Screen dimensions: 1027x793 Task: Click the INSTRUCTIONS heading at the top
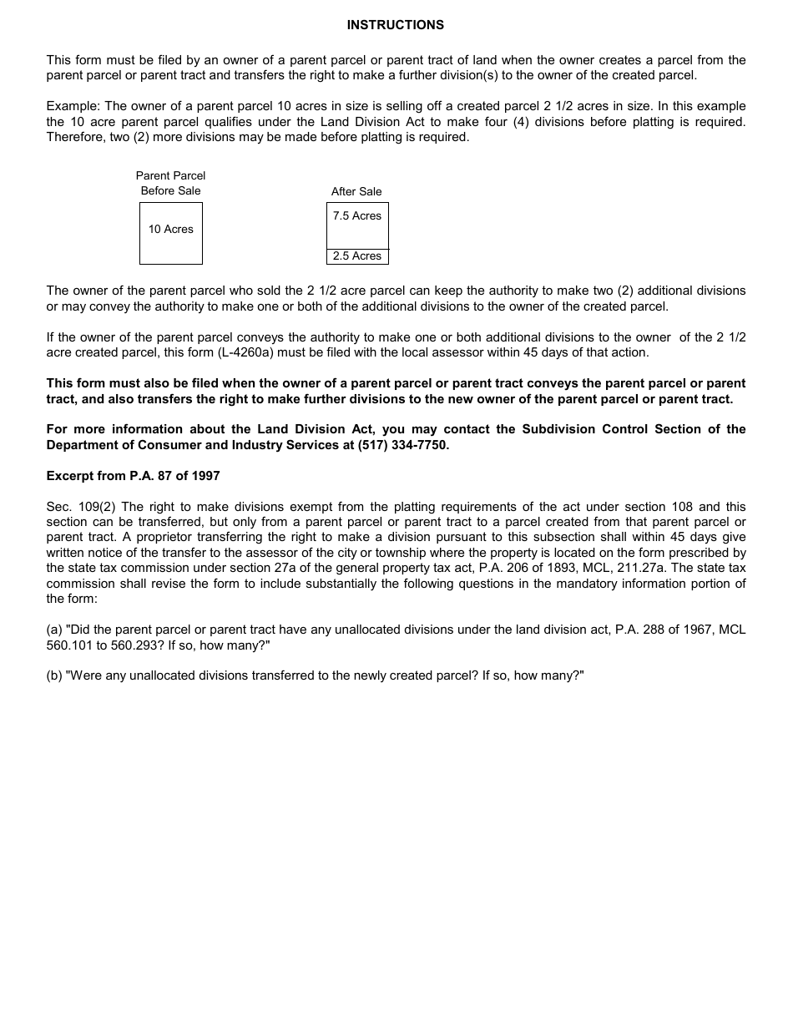pyautogui.click(x=396, y=25)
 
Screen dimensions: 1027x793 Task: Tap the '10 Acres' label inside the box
pyautogui.click(x=170, y=230)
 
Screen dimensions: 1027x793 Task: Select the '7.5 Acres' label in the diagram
pyautogui.click(x=356, y=216)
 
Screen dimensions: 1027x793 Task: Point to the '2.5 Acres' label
pyautogui.click(x=356, y=256)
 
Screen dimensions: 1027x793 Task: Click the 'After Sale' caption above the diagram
pyautogui.click(x=356, y=192)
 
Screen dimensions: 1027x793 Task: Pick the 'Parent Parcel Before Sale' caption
pyautogui.click(x=170, y=183)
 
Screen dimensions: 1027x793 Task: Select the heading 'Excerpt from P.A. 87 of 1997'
pyautogui.click(x=133, y=476)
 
